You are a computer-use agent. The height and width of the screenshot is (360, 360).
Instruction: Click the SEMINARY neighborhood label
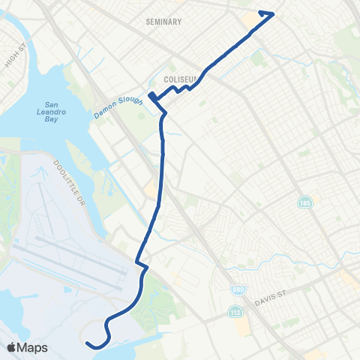164,22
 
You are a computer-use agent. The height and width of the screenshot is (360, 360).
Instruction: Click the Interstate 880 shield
235,289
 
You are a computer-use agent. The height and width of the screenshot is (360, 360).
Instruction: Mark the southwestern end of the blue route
88,343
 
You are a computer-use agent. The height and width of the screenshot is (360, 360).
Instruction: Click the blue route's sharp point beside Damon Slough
149,95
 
